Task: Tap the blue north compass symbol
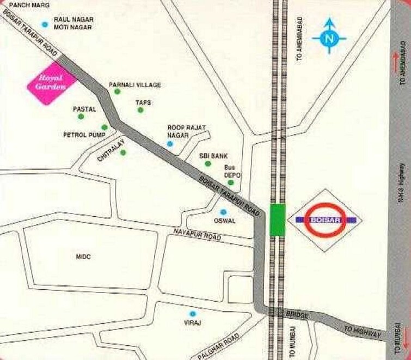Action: (329, 38)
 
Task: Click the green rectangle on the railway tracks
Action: (278, 219)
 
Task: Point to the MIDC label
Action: (83, 257)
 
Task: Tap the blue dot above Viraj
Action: (192, 314)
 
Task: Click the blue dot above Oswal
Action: (222, 212)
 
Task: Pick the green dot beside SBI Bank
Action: (207, 163)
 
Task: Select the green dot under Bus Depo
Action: (230, 182)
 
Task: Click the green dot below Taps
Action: (140, 110)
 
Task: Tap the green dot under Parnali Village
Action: (117, 91)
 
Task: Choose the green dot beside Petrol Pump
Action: (104, 127)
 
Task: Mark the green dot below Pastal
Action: (81, 116)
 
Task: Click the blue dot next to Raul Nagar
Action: (45, 23)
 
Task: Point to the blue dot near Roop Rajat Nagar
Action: (170, 144)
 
